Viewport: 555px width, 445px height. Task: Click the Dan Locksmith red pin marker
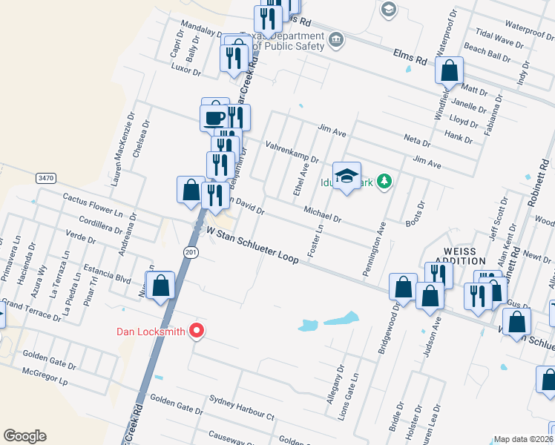[x=197, y=332]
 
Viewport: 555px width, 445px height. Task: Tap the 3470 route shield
[x=45, y=178]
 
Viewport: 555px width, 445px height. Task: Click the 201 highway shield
[x=191, y=253]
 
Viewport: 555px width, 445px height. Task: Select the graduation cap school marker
[x=347, y=176]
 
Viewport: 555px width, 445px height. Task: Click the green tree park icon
[x=384, y=181]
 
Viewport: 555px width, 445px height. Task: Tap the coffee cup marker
[x=214, y=116]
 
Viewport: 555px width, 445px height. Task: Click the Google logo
[x=25, y=436]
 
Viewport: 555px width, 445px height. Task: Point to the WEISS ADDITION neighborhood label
[x=464, y=257]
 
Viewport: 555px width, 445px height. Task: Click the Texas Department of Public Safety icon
[x=335, y=38]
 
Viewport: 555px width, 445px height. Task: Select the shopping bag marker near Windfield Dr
[x=449, y=71]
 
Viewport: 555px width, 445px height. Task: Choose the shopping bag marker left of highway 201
[x=161, y=286]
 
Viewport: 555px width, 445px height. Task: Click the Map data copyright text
[x=524, y=439]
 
